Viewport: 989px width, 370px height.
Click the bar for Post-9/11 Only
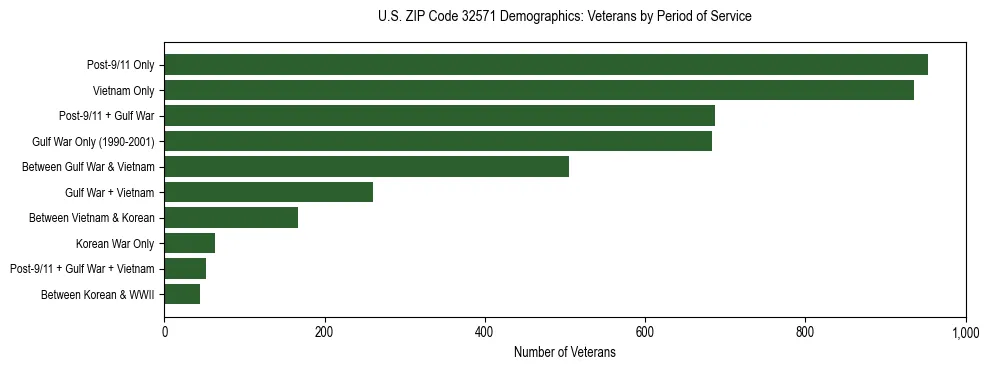click(x=546, y=65)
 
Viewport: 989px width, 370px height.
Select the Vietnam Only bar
click(x=539, y=90)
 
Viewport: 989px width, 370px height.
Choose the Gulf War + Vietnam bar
click(x=268, y=192)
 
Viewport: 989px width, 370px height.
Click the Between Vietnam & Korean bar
click(x=231, y=217)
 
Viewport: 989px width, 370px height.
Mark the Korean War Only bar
click(x=189, y=243)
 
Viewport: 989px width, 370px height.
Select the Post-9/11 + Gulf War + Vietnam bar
click(x=185, y=268)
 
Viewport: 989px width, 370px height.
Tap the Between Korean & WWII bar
click(x=182, y=294)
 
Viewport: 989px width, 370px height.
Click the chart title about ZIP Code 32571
click(x=564, y=17)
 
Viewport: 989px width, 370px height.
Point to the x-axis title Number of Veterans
click(x=564, y=352)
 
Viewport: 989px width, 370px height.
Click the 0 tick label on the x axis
click(x=164, y=332)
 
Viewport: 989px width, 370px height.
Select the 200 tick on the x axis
click(x=324, y=332)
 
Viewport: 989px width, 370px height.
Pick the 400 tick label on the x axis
click(x=484, y=332)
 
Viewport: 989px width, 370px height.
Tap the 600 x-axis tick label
click(x=645, y=332)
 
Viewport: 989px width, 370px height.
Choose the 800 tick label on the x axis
click(x=805, y=332)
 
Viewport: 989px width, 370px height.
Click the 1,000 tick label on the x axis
click(x=965, y=332)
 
